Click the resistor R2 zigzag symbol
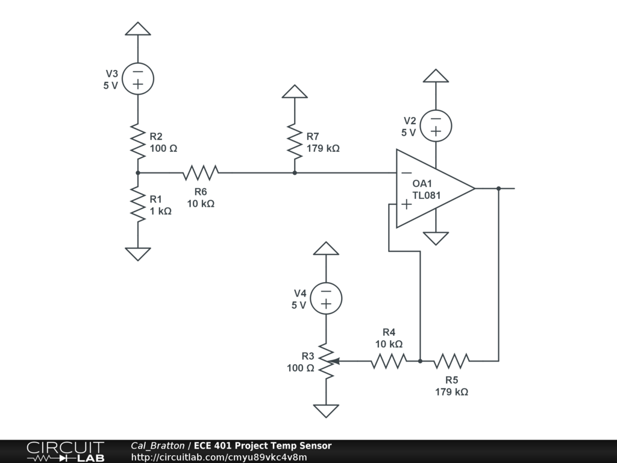pos(138,141)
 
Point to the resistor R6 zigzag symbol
pos(201,172)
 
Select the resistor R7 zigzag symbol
pos(294,141)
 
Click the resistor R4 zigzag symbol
pos(389,361)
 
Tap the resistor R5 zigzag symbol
pos(451,361)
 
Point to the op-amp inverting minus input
pos(407,172)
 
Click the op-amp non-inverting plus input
pos(407,204)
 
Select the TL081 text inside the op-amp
pos(427,195)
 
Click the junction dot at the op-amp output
pos(498,188)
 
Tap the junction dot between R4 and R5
pos(420,361)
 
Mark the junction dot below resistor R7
pos(294,172)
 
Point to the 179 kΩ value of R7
pos(323,148)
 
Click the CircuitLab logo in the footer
pos(65,452)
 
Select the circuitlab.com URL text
pos(219,457)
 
